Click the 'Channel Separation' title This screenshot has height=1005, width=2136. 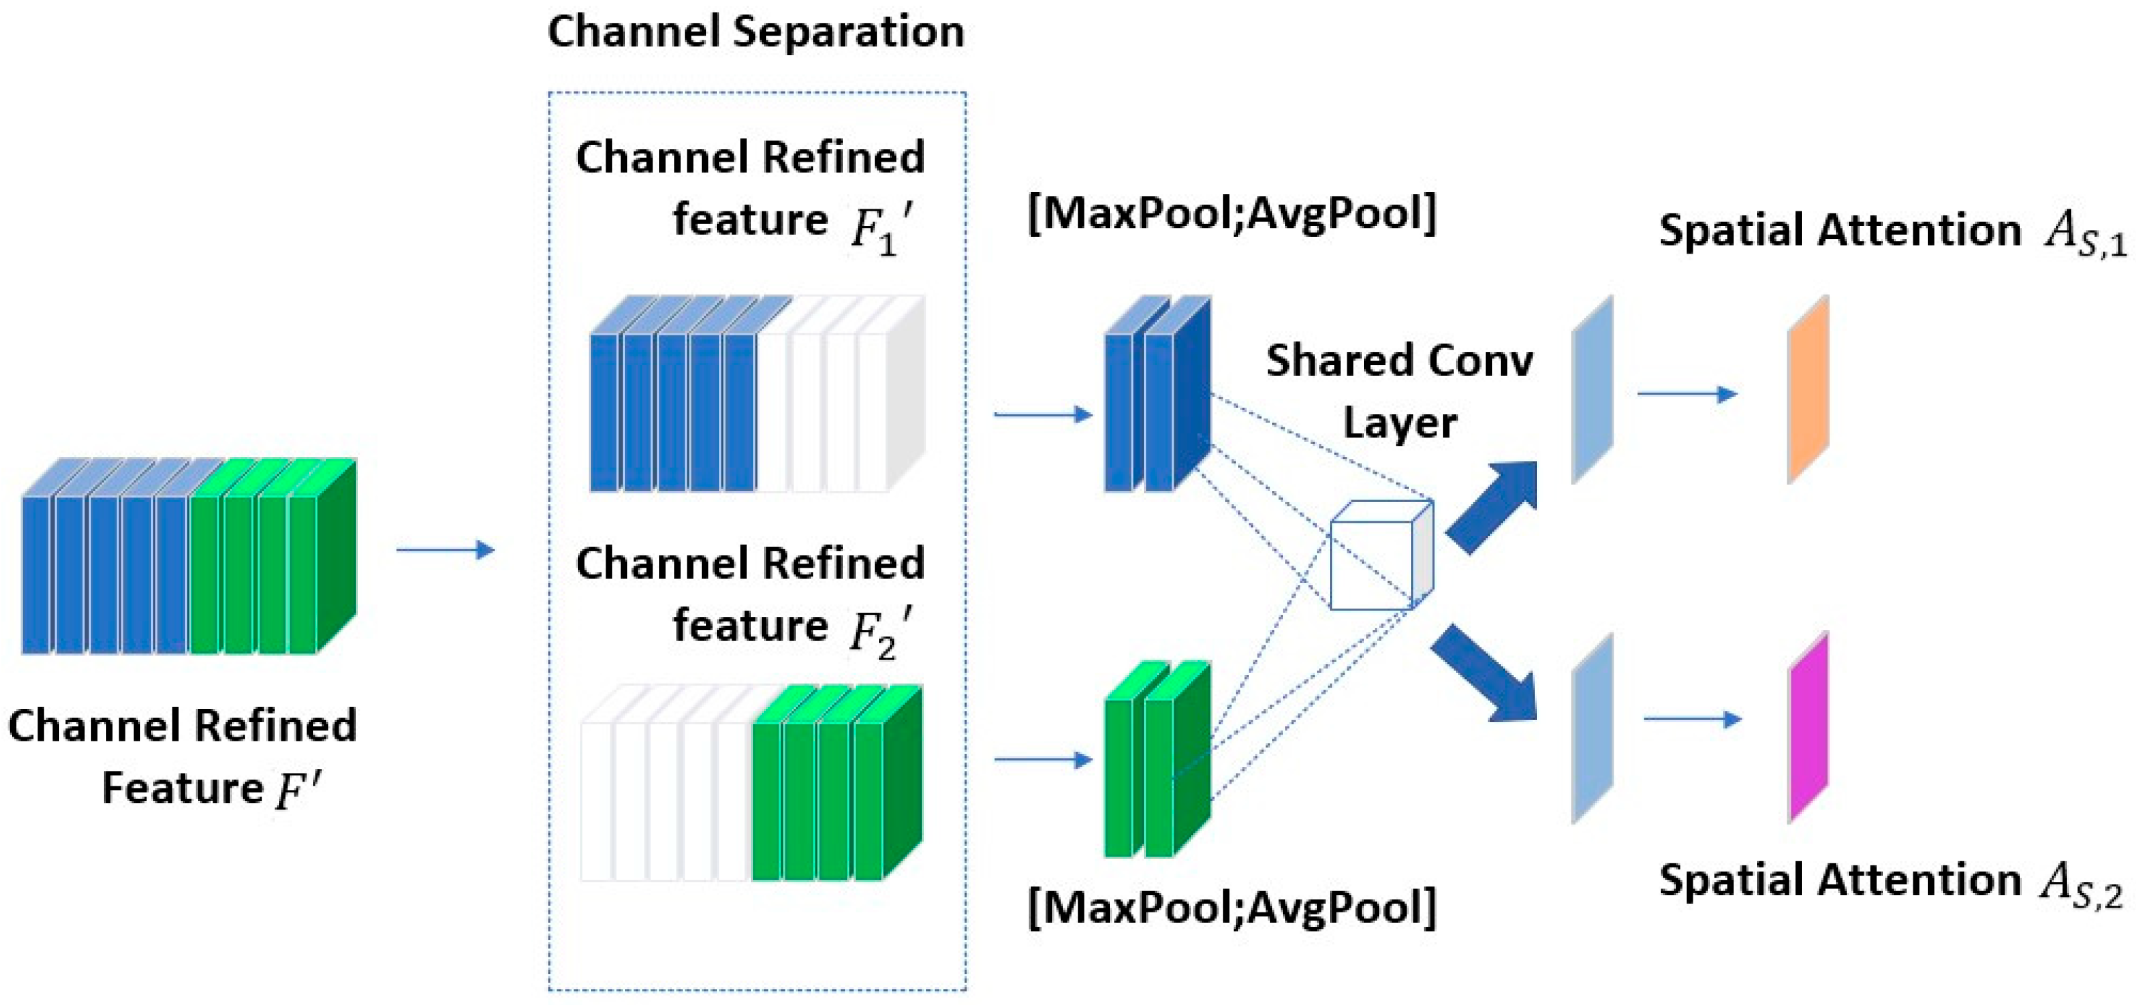[x=755, y=32]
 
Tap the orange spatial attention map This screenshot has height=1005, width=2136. [x=1807, y=389]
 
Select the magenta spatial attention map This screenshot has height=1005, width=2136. [x=1807, y=727]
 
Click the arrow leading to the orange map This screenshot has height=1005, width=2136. [x=1687, y=394]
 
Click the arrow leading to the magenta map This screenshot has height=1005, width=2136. [x=1691, y=719]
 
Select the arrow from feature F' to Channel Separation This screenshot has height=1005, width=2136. [x=445, y=549]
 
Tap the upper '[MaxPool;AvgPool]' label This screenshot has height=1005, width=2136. [x=1231, y=214]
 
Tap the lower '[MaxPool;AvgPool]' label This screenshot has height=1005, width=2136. [x=1231, y=907]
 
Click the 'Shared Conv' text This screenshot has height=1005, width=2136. [x=1399, y=362]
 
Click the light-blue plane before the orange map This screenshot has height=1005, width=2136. [x=1592, y=390]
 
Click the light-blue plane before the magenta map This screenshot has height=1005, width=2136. [x=1592, y=728]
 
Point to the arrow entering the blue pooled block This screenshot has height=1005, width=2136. [x=1042, y=414]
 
